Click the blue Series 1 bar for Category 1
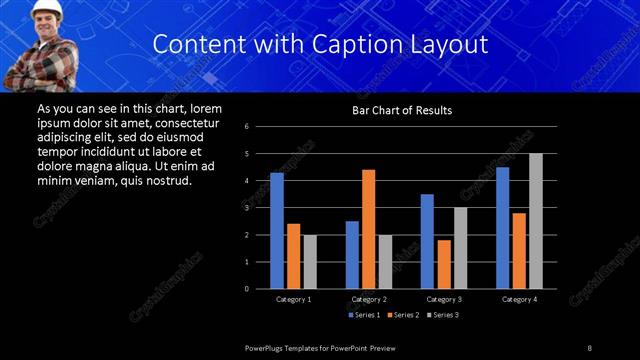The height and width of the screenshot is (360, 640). (277, 231)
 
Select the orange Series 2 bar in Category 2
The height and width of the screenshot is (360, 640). (368, 229)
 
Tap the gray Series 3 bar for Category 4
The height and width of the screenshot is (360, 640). (536, 221)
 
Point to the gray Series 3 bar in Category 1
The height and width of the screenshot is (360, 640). (310, 262)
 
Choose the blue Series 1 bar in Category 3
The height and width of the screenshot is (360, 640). (427, 241)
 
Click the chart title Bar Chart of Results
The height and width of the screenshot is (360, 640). (402, 110)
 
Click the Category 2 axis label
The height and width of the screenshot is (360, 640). (369, 299)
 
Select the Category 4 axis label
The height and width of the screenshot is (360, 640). (519, 299)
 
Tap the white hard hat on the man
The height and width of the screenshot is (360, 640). (47, 8)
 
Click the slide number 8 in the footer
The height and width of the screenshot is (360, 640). (589, 347)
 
